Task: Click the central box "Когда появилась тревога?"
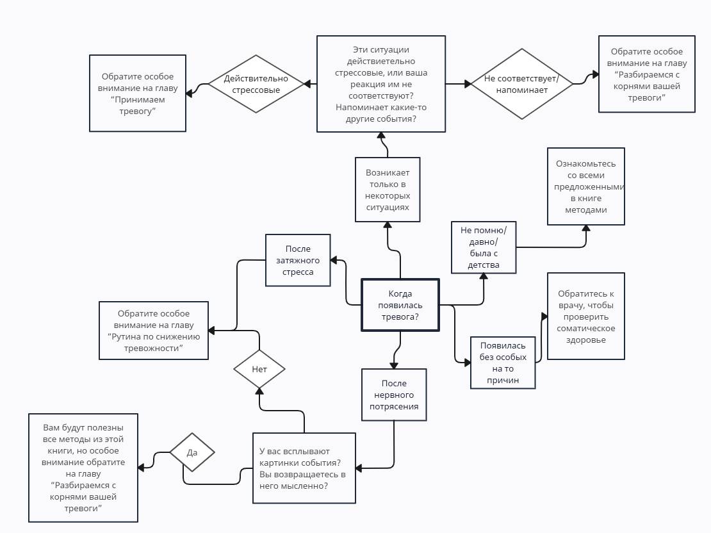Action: (x=400, y=304)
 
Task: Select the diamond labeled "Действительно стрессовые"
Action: (x=256, y=84)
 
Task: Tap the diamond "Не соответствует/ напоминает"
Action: (x=522, y=84)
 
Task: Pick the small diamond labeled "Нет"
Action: (x=259, y=369)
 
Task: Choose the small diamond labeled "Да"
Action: (x=192, y=452)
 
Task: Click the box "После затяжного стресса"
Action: (x=298, y=260)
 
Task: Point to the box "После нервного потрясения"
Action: (x=393, y=395)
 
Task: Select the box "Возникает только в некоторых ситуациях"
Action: (x=388, y=190)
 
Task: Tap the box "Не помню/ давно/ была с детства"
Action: (x=484, y=247)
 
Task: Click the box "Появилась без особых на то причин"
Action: (x=502, y=363)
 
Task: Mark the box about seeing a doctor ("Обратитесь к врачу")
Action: (x=585, y=316)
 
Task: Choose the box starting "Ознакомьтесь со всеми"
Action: (x=585, y=186)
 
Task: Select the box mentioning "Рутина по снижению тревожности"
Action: (x=154, y=330)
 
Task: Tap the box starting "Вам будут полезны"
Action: (x=83, y=468)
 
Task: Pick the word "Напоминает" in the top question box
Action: (x=358, y=107)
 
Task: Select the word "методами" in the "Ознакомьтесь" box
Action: (x=586, y=209)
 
